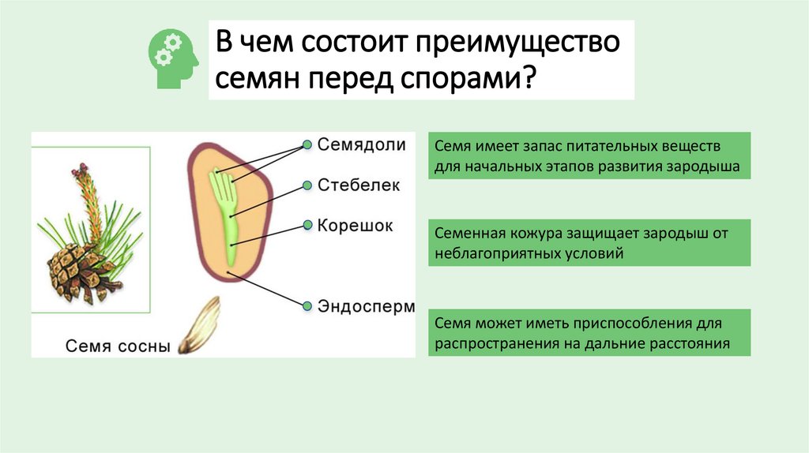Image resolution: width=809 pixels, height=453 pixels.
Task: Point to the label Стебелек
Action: click(359, 185)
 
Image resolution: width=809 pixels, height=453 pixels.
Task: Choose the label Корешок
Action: click(355, 225)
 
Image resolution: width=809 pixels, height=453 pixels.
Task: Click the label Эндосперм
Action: click(365, 306)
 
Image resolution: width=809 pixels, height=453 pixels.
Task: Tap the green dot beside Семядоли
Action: click(307, 146)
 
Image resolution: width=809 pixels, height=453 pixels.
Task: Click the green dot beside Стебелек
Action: click(307, 186)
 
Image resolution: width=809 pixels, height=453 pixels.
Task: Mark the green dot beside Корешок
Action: click(307, 226)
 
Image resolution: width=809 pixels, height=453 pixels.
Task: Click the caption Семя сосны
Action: click(118, 345)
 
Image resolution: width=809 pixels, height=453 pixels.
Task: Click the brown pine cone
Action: click(77, 270)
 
